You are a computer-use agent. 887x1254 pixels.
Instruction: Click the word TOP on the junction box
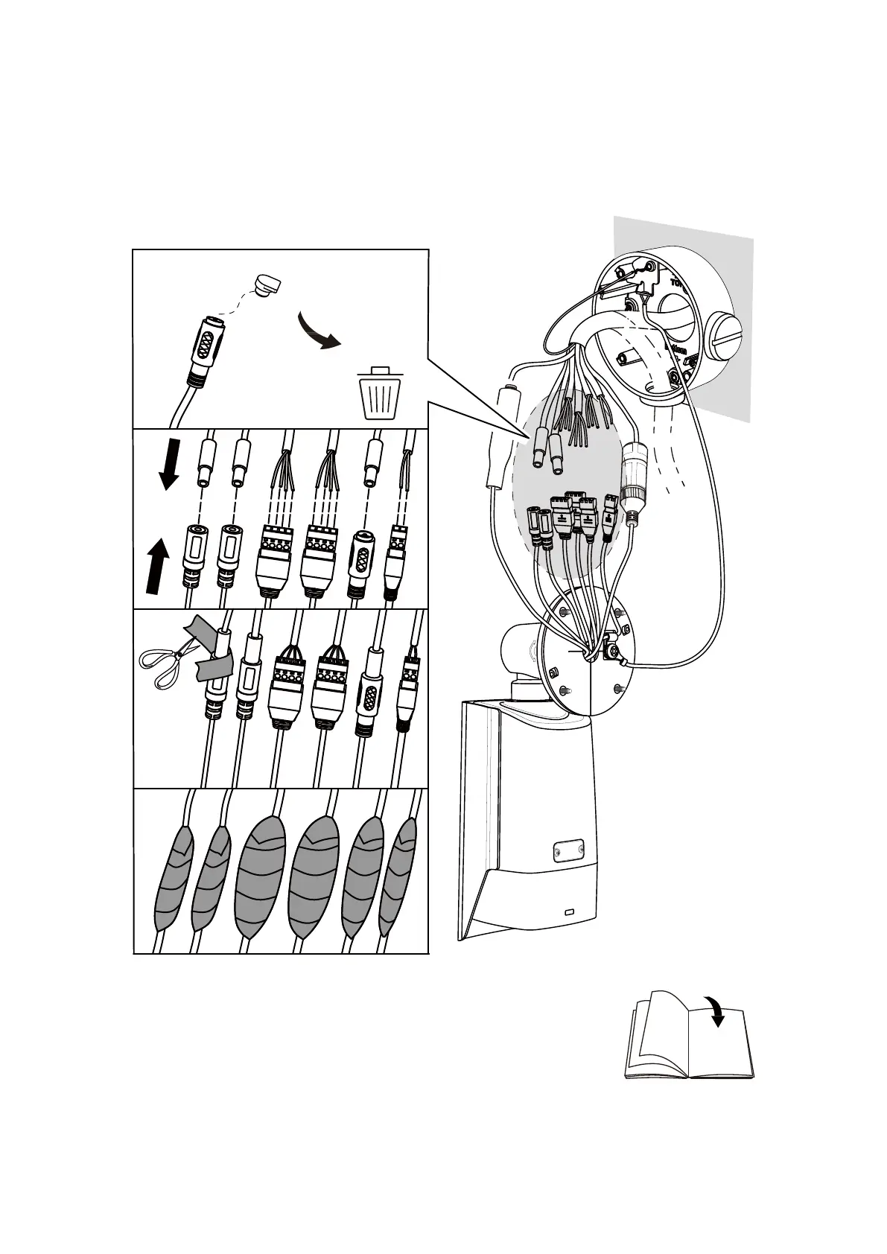[x=678, y=284]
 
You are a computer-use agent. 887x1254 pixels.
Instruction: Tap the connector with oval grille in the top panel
[x=206, y=347]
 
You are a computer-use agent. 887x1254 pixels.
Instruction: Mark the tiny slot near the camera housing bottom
[x=570, y=912]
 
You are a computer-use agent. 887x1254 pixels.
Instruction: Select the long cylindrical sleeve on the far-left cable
[x=499, y=439]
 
